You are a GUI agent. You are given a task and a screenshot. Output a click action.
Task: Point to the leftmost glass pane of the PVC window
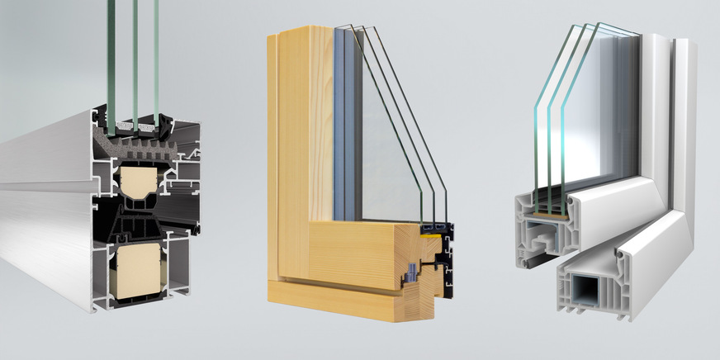(x=541, y=124)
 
